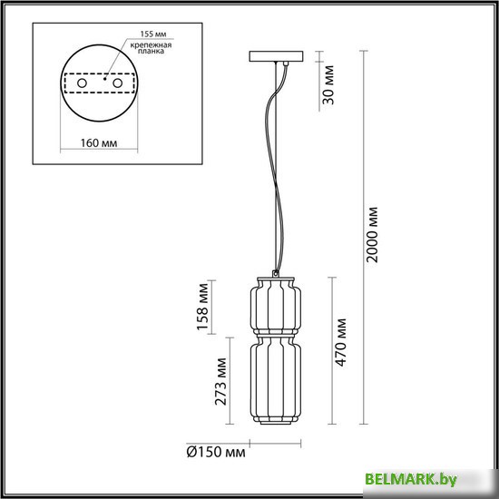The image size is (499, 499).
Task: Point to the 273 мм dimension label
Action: point(221,381)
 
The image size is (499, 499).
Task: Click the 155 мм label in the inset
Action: point(133,33)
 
